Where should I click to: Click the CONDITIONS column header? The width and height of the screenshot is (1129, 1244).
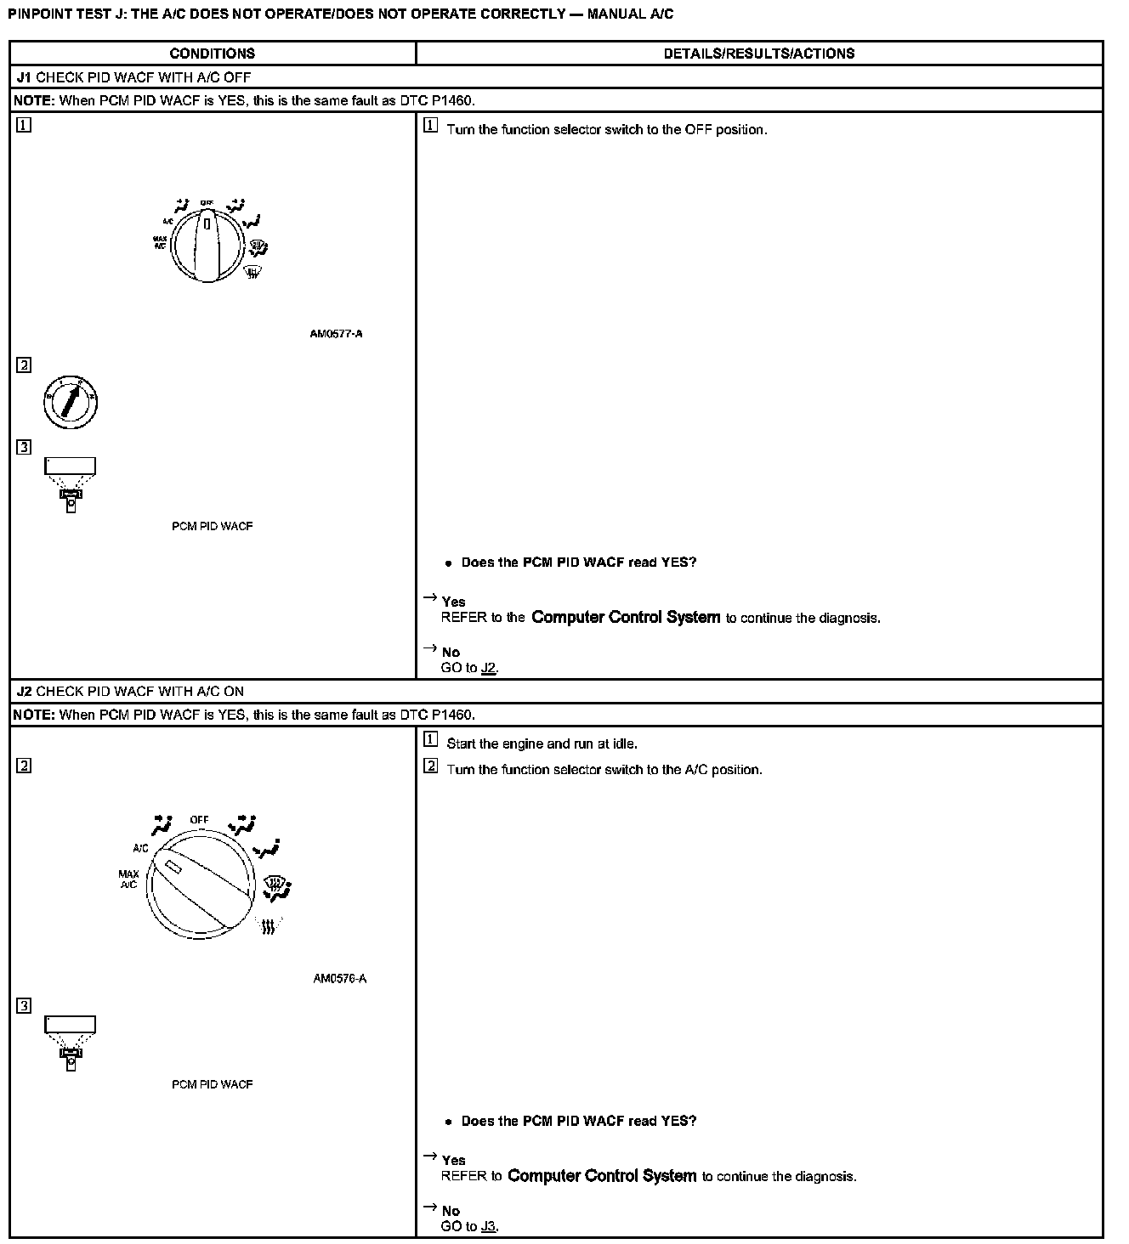tap(212, 54)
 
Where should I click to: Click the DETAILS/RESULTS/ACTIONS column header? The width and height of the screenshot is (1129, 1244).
tap(758, 54)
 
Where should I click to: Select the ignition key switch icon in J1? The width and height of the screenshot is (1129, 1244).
tap(71, 401)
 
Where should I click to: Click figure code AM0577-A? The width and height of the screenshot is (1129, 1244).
tap(336, 334)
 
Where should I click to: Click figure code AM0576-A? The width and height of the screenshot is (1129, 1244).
tap(339, 978)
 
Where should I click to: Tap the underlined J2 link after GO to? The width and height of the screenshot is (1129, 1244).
tap(488, 668)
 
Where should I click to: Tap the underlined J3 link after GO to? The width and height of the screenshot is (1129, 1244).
tap(488, 1226)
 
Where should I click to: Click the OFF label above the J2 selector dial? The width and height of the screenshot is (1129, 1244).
tap(200, 820)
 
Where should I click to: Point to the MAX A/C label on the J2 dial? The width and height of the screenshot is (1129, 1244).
tap(128, 879)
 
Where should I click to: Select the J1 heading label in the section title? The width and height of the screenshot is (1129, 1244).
tap(24, 77)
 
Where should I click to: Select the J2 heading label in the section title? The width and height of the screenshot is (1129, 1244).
tap(24, 692)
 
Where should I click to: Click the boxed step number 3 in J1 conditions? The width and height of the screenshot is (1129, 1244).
tap(24, 448)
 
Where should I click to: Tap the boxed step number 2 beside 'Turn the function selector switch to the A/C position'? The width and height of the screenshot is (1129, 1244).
tap(431, 767)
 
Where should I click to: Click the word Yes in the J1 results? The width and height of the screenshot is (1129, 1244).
tap(454, 602)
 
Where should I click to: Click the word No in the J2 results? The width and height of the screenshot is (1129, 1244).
tap(451, 1211)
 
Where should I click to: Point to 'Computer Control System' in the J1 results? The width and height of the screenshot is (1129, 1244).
tap(626, 618)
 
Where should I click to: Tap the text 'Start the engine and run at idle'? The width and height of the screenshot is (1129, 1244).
tap(542, 744)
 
